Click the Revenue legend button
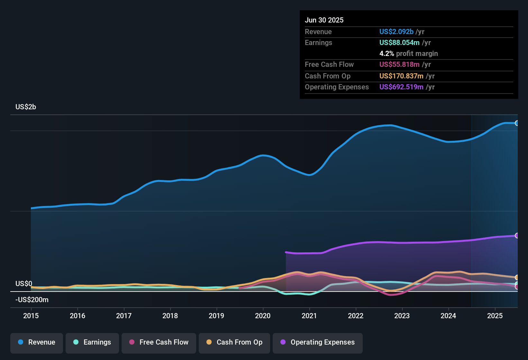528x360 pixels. click(37, 342)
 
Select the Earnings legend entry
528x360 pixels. click(92, 342)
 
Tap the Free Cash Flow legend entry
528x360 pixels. click(159, 342)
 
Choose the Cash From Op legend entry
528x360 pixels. click(234, 342)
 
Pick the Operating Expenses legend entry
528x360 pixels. click(318, 342)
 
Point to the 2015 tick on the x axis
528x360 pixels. click(31, 316)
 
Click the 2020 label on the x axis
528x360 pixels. click(263, 316)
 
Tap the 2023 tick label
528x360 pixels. click(402, 316)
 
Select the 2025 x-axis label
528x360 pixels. click(495, 316)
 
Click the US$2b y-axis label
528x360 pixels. click(26, 107)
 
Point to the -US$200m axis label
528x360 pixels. click(32, 300)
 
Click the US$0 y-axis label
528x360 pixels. click(24, 283)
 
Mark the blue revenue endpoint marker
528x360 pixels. click(517, 123)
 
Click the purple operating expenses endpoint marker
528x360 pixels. click(517, 236)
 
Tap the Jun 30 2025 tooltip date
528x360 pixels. click(324, 20)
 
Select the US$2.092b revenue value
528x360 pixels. click(396, 32)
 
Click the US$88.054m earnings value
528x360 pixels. click(399, 42)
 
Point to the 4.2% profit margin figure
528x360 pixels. click(387, 53)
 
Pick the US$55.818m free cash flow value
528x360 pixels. click(399, 64)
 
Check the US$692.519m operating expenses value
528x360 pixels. click(401, 87)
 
